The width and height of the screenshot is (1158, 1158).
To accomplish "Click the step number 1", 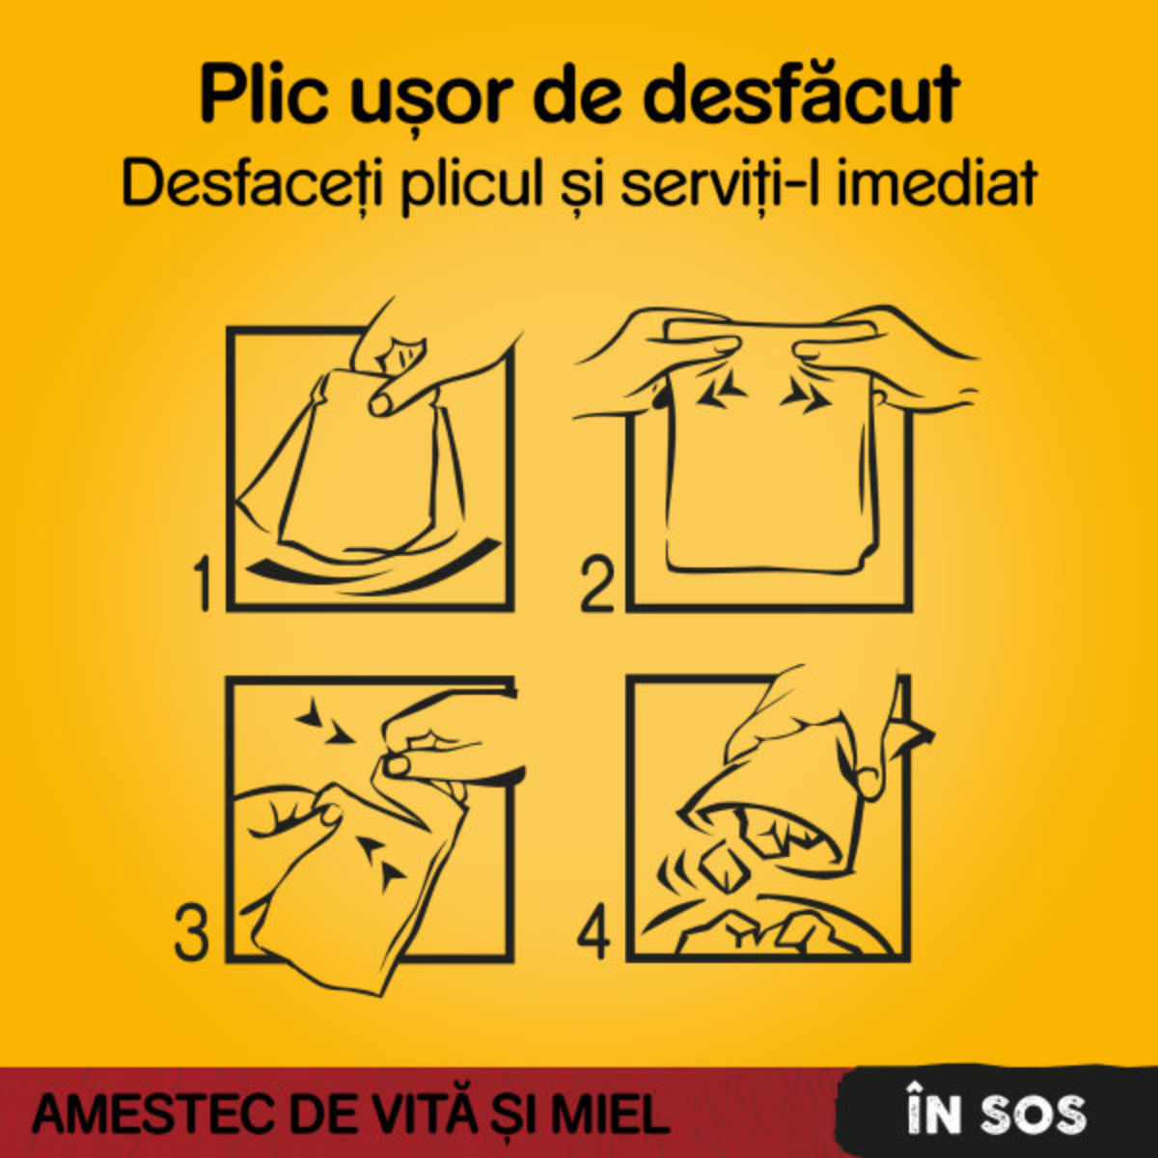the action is (204, 584).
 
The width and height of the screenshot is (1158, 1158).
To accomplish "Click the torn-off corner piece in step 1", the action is (400, 355).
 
